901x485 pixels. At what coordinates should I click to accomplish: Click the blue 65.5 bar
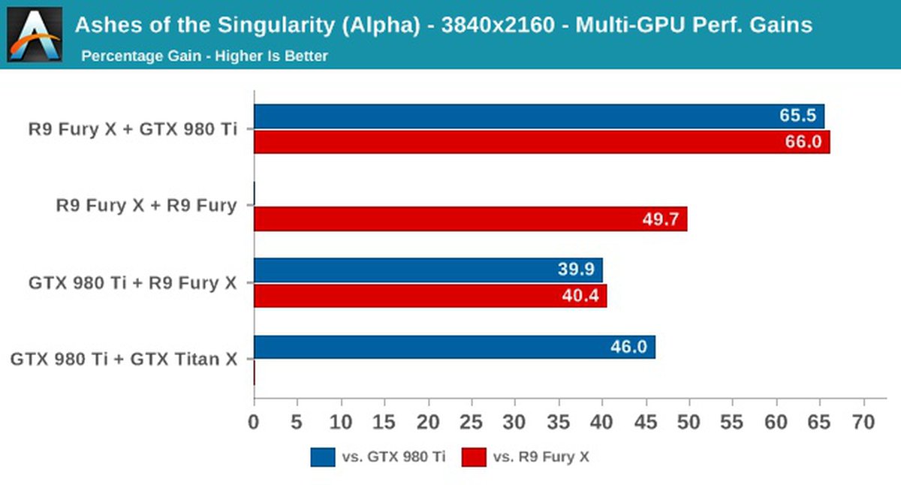coord(538,116)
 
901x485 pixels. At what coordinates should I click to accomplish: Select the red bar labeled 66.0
coord(541,142)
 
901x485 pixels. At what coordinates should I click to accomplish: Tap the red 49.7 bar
coord(470,219)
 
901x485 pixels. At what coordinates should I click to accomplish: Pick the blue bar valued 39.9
coord(428,270)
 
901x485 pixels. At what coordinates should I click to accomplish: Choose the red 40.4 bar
coord(430,296)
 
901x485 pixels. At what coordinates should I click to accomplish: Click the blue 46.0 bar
coord(454,347)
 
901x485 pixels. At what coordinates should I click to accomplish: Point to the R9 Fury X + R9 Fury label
coord(146,205)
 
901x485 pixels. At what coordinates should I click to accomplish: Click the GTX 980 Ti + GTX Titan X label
coord(124,359)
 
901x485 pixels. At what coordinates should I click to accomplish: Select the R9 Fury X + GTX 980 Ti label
coord(133,128)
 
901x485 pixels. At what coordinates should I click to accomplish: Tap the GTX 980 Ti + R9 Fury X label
coord(133,283)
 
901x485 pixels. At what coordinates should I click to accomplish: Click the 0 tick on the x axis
coord(254,423)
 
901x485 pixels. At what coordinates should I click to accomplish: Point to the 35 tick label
coord(559,423)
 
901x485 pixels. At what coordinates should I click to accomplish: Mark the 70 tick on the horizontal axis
coord(863,423)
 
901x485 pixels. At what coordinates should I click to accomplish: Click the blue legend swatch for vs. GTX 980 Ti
coord(322,457)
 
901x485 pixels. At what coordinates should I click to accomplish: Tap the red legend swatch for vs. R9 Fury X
coord(474,457)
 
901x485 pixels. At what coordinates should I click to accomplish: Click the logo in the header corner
coord(34,34)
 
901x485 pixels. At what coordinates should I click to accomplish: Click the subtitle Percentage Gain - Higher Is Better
coord(204,56)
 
